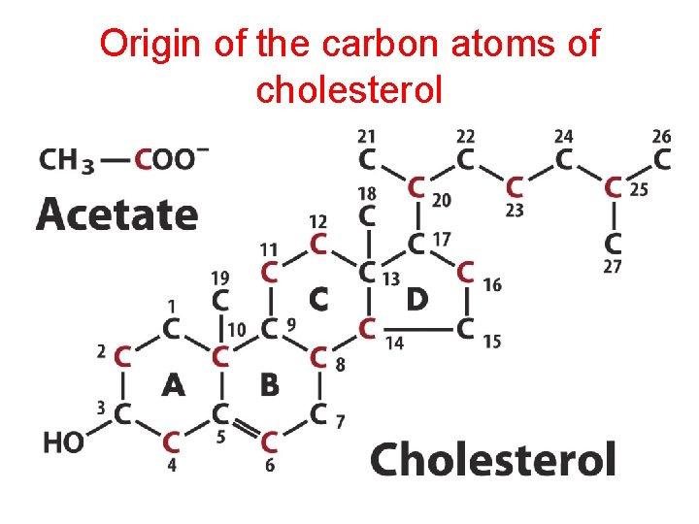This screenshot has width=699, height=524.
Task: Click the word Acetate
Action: coord(116,213)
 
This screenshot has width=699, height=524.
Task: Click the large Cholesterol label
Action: coord(493,458)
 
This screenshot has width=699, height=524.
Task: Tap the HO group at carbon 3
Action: coord(63,442)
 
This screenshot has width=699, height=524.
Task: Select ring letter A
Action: coord(173,385)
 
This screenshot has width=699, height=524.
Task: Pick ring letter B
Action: coord(269,385)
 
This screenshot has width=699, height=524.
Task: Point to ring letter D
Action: coord(416,300)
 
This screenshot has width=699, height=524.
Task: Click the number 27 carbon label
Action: coord(612,267)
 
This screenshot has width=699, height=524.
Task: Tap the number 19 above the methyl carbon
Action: coord(220,277)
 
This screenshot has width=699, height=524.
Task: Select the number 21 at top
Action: coord(367,136)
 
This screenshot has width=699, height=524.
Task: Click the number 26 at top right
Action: coord(661,136)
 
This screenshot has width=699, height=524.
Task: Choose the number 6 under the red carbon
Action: coord(270,466)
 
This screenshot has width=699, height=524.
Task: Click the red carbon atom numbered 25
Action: coord(614,186)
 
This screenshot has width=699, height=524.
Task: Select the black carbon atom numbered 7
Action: coord(318,415)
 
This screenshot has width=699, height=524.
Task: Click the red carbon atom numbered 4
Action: coord(172,442)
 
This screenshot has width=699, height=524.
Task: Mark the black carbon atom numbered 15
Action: coord(466,330)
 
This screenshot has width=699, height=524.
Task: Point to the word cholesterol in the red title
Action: coord(349,89)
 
